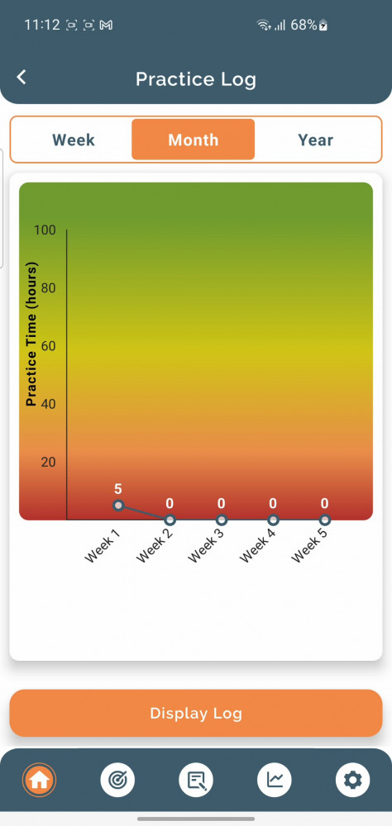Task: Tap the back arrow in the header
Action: [22, 78]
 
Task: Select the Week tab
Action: [74, 140]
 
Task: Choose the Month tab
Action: [193, 140]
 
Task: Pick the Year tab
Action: [315, 140]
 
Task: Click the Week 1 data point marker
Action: [118, 506]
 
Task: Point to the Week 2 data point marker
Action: [170, 520]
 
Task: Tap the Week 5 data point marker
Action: [325, 520]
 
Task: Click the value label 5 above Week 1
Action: [118, 489]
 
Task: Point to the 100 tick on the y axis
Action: [45, 230]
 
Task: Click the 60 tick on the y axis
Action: [49, 346]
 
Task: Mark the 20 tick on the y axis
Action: [49, 462]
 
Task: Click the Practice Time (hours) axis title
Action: [31, 334]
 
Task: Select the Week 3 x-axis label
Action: [206, 544]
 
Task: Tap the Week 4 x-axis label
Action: [257, 544]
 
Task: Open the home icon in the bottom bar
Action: [39, 780]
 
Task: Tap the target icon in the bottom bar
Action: [117, 780]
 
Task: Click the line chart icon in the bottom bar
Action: [275, 780]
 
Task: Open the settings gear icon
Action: [352, 780]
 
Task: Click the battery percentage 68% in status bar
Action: [304, 25]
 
